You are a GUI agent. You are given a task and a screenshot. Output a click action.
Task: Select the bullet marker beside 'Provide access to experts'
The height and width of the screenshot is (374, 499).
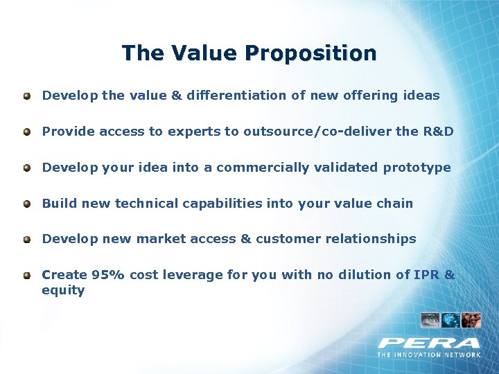point(26,132)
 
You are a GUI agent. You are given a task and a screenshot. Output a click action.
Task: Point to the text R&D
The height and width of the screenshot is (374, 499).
point(438,132)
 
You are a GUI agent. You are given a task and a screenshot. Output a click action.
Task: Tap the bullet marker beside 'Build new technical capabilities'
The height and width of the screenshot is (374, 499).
point(26,204)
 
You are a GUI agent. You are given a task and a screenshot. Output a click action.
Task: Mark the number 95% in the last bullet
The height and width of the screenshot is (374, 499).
point(108,275)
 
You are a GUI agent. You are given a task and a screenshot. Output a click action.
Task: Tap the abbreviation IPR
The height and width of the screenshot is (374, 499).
point(426,275)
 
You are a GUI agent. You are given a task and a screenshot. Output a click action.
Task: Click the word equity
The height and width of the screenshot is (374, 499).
point(63,291)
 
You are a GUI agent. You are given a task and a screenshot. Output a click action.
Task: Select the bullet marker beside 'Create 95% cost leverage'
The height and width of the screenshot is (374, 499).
point(26,275)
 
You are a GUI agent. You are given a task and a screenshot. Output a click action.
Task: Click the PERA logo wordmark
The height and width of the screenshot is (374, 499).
point(428,342)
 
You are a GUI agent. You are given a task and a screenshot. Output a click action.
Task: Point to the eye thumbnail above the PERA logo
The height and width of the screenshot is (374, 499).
point(430,320)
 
